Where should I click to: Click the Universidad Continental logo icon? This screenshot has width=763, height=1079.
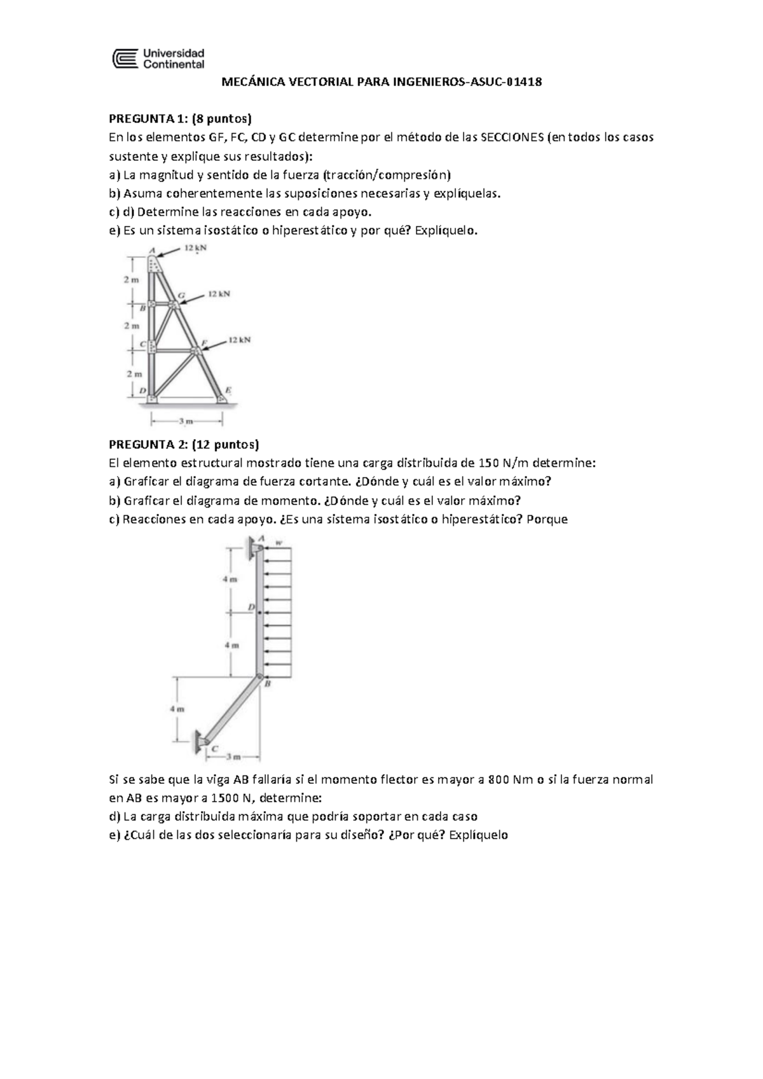[x=125, y=59]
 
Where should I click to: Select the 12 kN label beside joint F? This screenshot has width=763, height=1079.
[x=240, y=340]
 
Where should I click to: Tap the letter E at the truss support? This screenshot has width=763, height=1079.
[x=228, y=389]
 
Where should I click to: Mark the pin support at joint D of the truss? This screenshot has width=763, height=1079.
[x=152, y=398]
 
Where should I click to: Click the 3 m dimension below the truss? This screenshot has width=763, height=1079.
[x=186, y=421]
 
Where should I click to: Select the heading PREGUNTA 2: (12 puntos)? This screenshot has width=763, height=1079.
[x=184, y=444]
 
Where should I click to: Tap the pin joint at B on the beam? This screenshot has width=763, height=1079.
[x=259, y=677]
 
